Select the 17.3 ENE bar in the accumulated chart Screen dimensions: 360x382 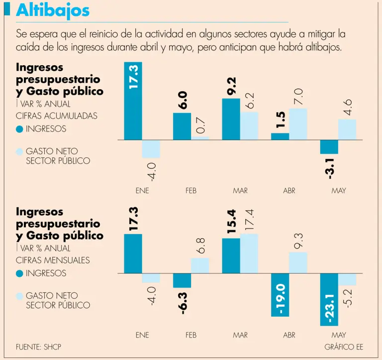pyautogui.click(x=133, y=101)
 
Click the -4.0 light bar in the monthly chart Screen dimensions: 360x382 pyautogui.click(x=151, y=278)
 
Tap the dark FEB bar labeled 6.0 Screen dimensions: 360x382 pyautogui.click(x=182, y=126)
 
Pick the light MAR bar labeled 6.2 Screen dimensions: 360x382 pyautogui.click(x=249, y=125)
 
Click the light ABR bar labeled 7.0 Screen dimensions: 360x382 pyautogui.click(x=298, y=124)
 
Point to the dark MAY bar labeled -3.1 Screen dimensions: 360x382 pyautogui.click(x=329, y=147)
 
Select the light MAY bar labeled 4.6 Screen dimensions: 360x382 pyautogui.click(x=347, y=129)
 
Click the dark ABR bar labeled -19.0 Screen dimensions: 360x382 pyautogui.click(x=280, y=295)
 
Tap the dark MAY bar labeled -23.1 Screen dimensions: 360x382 pyautogui.click(x=329, y=299)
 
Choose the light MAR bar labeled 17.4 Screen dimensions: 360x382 pyautogui.click(x=249, y=253)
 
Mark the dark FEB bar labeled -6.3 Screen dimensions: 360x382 pyautogui.click(x=182, y=280)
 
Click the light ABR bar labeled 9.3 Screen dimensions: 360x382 pyautogui.click(x=298, y=262)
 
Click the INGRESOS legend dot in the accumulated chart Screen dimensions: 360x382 pyautogui.click(x=19, y=129)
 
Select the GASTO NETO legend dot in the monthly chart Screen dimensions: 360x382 pyautogui.click(x=19, y=296)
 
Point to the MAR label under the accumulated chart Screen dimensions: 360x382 pyautogui.click(x=240, y=191)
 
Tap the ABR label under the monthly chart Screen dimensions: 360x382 pyautogui.click(x=289, y=335)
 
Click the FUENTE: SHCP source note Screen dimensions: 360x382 pyautogui.click(x=39, y=347)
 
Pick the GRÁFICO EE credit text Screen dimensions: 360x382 pyautogui.click(x=344, y=347)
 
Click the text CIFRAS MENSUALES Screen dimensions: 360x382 pyautogui.click(x=53, y=260)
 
